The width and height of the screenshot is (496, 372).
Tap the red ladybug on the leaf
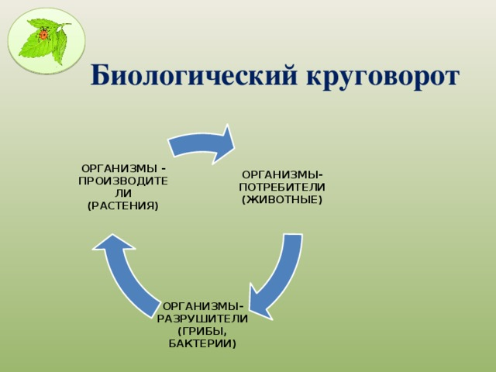(44, 34)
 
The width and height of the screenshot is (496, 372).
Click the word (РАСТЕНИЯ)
(123, 205)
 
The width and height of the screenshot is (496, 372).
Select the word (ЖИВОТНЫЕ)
(282, 200)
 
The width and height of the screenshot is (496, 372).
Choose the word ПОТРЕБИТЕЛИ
(282, 187)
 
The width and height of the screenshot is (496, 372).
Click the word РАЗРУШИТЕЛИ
(202, 318)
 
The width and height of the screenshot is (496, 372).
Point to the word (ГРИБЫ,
(202, 330)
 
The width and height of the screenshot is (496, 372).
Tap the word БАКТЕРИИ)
(202, 343)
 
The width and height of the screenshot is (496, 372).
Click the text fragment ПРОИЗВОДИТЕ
(123, 180)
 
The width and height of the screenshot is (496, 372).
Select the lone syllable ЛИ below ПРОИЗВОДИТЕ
(123, 192)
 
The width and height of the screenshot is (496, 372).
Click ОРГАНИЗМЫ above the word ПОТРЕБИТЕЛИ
(282, 174)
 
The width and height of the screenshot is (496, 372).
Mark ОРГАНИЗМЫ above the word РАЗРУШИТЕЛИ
(202, 305)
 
